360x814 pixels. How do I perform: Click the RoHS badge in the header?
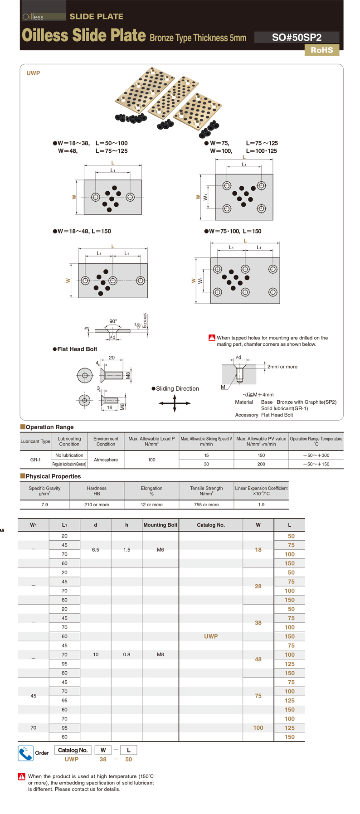(321, 50)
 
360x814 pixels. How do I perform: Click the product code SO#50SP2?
(297, 38)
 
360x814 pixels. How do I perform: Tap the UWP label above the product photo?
(33, 73)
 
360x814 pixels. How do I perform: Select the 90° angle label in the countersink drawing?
(113, 321)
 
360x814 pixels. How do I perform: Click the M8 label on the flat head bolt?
(128, 376)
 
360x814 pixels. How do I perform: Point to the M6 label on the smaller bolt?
(122, 406)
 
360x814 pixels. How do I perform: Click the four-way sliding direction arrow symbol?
(175, 403)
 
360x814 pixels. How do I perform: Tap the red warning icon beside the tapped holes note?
(212, 338)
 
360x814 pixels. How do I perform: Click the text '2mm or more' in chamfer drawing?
(282, 367)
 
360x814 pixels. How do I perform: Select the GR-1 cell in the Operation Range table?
(35, 460)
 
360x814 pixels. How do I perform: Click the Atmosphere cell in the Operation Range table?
(106, 460)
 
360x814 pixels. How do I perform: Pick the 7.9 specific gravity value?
(44, 504)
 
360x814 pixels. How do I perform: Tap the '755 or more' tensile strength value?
(206, 504)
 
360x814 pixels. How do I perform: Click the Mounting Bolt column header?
(160, 525)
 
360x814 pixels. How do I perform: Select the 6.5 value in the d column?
(95, 550)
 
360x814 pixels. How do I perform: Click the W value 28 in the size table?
(258, 586)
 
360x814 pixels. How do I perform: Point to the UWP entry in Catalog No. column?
(211, 636)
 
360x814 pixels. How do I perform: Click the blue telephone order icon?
(25, 753)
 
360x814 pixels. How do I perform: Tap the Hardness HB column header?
(97, 491)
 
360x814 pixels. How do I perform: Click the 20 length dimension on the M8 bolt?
(112, 358)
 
